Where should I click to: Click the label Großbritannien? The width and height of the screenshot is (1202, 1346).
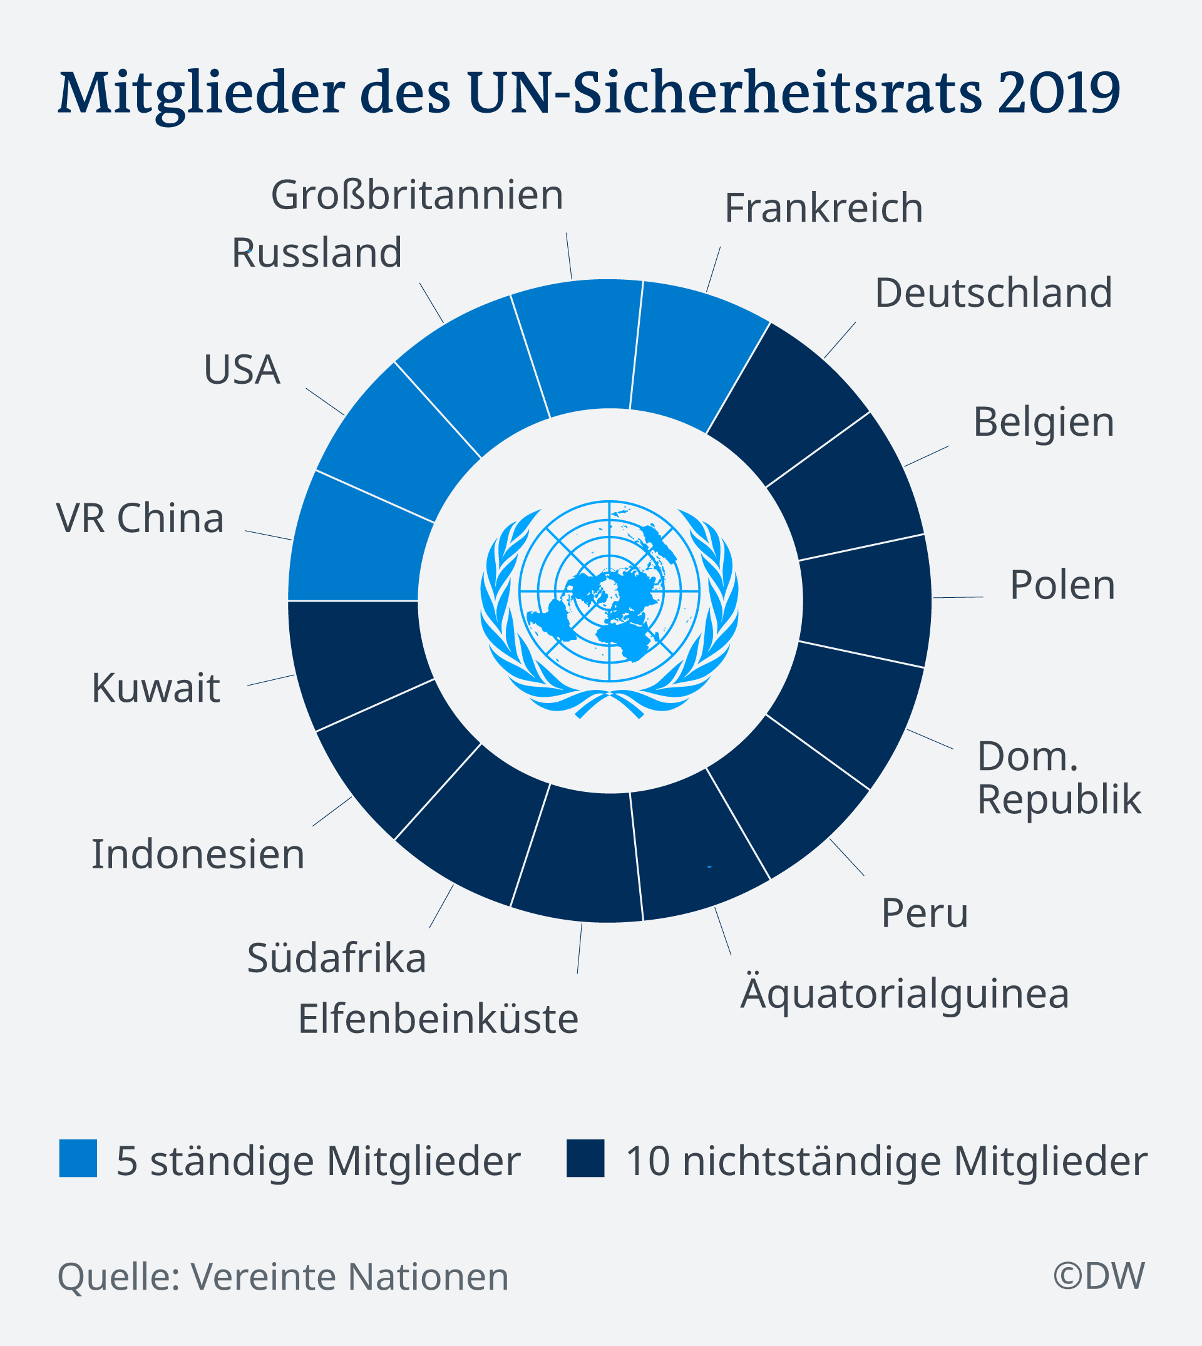click(417, 195)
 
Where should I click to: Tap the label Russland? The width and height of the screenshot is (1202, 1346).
click(316, 252)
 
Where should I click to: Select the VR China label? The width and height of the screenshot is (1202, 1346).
click(140, 518)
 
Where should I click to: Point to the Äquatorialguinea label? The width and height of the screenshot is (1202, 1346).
click(904, 993)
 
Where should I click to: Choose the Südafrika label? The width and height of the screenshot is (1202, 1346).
click(336, 958)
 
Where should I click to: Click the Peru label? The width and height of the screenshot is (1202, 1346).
click(924, 913)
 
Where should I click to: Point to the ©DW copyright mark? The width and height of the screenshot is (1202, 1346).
click(1098, 1275)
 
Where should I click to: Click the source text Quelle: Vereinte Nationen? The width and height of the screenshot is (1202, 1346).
click(284, 1276)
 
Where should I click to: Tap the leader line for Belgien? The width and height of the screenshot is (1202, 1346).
click(926, 456)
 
